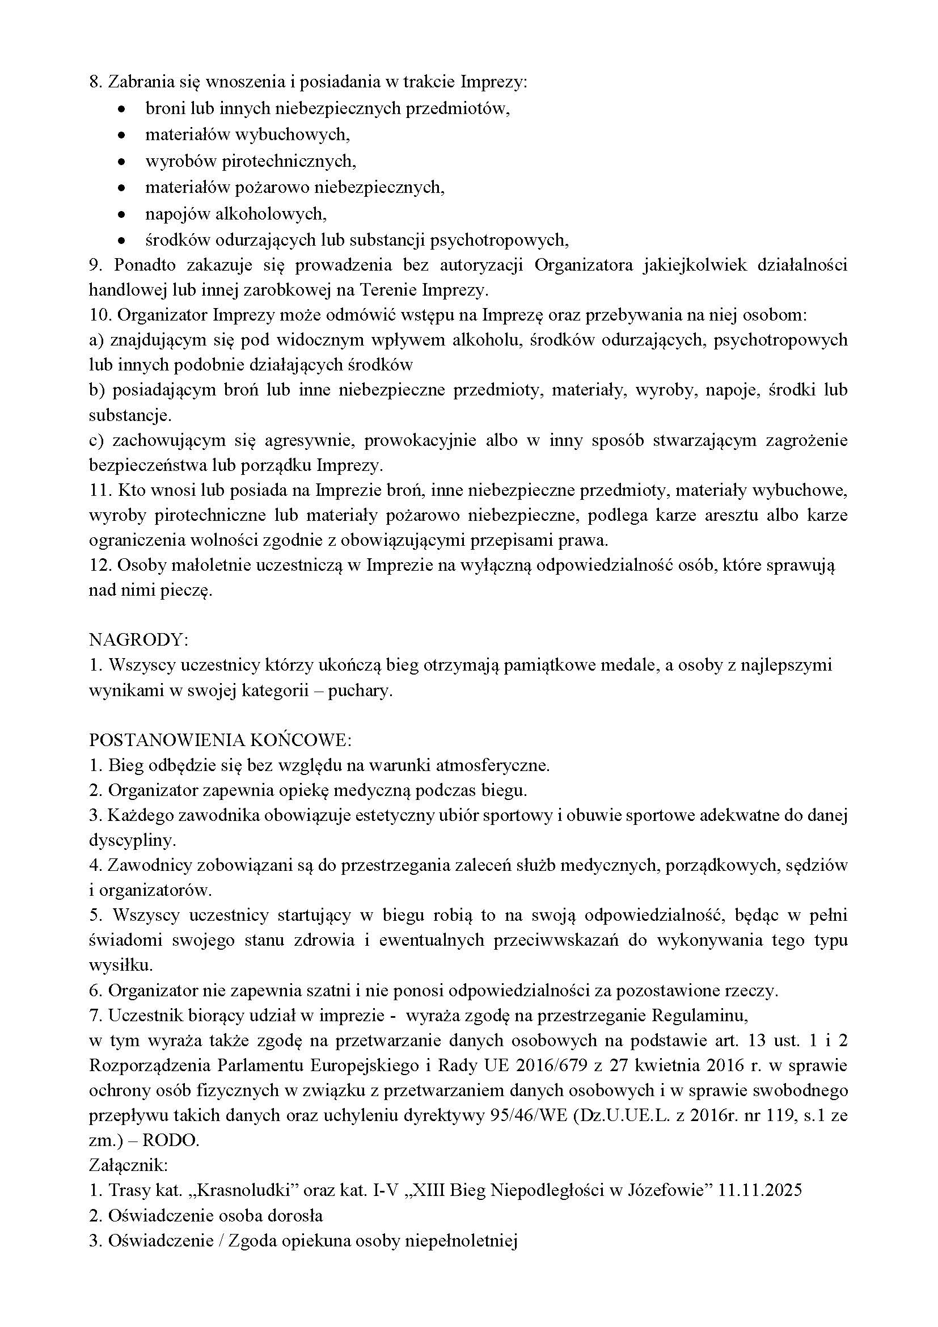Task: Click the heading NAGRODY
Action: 138,640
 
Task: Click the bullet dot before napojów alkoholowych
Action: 121,214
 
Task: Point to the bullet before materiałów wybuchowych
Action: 121,135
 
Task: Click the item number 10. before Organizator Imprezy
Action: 100,315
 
